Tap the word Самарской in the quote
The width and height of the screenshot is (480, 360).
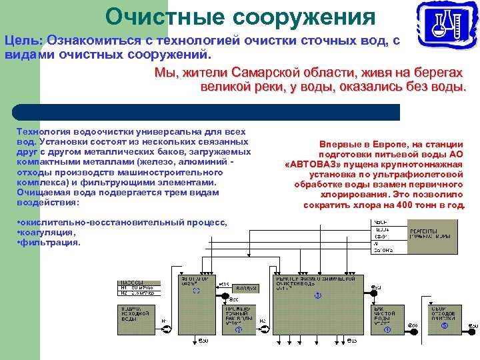[x=266, y=72]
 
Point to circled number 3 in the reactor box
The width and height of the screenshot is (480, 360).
[x=318, y=295]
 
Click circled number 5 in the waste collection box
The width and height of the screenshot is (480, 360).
[x=444, y=326]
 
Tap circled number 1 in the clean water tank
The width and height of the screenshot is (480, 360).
[x=387, y=329]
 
